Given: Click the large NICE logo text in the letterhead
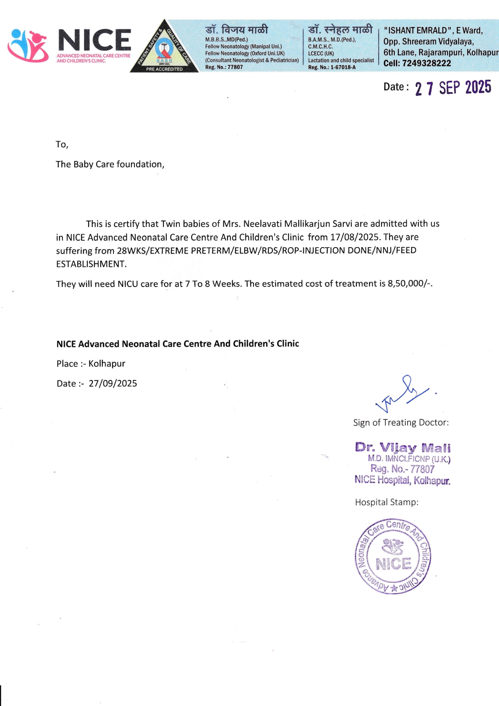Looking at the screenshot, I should pyautogui.click(x=95, y=40).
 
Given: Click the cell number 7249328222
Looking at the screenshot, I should pyautogui.click(x=427, y=63).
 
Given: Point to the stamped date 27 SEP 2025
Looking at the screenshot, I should pyautogui.click(x=453, y=88).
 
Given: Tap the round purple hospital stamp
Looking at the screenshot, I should pyautogui.click(x=393, y=556).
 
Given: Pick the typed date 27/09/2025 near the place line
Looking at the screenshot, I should pyautogui.click(x=113, y=384).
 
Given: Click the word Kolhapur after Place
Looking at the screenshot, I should pyautogui.click(x=107, y=364).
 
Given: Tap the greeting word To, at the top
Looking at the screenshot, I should pyautogui.click(x=62, y=145).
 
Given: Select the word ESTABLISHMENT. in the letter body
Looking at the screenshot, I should pyautogui.click(x=91, y=264).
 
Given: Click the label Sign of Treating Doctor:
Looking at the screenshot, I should pyautogui.click(x=401, y=423).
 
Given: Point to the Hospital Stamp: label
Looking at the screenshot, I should pyautogui.click(x=386, y=502).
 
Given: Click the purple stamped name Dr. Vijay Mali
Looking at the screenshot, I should pyautogui.click(x=403, y=448).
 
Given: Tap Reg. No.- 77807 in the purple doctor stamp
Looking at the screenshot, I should pyautogui.click(x=402, y=469).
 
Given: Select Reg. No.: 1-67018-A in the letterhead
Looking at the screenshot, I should pyautogui.click(x=332, y=67).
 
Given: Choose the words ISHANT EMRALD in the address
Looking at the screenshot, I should pyautogui.click(x=416, y=31).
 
